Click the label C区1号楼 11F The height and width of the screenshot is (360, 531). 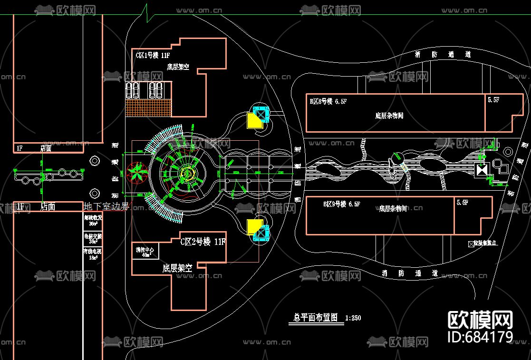[156, 55]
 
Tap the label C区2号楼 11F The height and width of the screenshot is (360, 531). [203, 241]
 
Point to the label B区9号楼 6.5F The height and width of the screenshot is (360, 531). [342, 204]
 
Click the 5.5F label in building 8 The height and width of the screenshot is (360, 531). [493, 100]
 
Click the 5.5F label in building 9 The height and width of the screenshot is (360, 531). [462, 203]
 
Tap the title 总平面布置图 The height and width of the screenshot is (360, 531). [316, 318]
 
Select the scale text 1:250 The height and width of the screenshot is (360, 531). [353, 318]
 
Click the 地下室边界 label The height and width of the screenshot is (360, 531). [106, 206]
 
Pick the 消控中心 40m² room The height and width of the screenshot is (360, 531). [145, 252]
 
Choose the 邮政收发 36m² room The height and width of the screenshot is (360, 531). [93, 220]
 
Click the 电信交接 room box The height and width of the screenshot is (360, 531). [93, 238]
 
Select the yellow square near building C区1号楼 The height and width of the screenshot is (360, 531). [255, 120]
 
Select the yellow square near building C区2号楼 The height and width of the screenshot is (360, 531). [255, 227]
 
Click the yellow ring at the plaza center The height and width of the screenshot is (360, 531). [186, 174]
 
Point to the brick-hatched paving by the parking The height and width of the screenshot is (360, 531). [148, 107]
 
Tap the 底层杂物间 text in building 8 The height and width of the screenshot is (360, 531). [389, 116]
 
